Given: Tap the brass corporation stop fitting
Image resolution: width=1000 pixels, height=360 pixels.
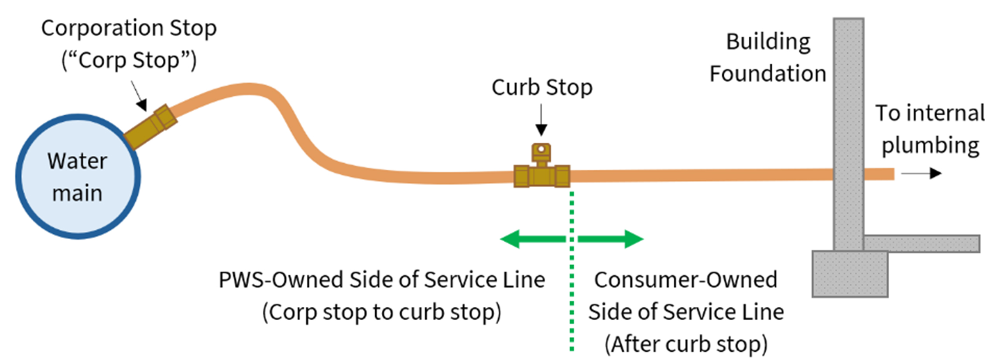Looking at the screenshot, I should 151,127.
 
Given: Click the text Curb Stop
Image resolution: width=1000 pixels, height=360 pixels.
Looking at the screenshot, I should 542,87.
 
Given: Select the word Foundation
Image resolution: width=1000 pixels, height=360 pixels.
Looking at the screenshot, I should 768,73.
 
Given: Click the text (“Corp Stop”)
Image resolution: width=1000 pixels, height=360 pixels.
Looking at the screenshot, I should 129,60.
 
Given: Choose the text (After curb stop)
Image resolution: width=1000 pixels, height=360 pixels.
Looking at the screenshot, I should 686,344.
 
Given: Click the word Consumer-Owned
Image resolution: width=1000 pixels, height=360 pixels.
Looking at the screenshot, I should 685,280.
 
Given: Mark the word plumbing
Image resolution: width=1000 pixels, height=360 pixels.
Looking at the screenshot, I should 930,145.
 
